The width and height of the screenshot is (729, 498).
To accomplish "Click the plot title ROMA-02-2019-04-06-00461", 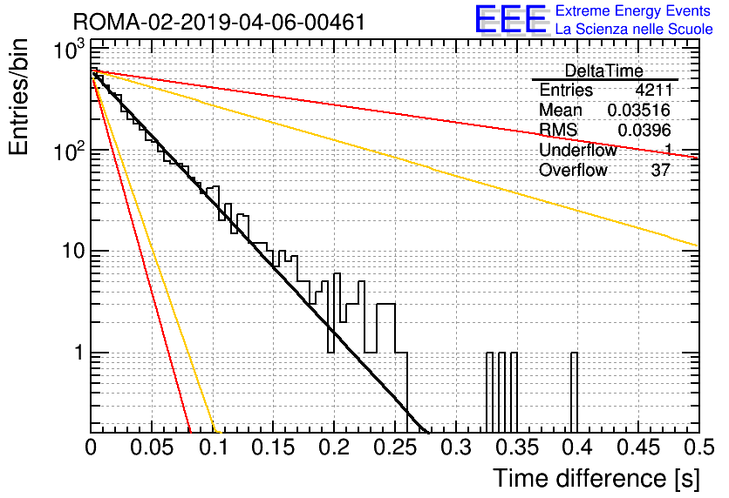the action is coord(219,22).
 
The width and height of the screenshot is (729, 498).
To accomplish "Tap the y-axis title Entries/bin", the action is coord(18,98).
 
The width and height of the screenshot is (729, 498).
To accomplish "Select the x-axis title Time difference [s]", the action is coord(596,479).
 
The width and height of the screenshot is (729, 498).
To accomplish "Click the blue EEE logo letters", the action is coord(511,19).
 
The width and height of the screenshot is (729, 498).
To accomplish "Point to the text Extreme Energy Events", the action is coord(633,10).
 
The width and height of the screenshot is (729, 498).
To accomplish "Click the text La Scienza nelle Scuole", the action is coord(634,29).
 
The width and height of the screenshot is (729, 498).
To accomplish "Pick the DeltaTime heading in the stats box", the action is coord(604,71).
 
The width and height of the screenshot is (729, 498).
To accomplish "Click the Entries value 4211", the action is coord(653,90).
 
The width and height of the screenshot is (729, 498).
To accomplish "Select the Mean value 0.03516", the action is coord(639,110).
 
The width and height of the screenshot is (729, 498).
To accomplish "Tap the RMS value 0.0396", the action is coord(644,131).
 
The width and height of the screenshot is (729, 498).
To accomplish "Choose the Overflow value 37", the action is coord(661,171).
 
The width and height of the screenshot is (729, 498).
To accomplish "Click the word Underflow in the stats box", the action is coord(578,150).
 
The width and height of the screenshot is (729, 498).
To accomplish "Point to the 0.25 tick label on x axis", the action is coord(395,448).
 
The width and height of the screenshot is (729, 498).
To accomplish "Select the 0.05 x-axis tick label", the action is coord(152,448).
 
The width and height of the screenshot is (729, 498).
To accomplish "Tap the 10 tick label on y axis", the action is coord(73,251).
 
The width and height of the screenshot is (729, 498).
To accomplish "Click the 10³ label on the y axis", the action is coord(69,50).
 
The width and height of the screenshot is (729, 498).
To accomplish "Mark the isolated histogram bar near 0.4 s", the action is coord(574,392).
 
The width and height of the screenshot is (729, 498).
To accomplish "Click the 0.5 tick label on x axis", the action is coord(698,448).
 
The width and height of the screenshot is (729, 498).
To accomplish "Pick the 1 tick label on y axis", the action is coord(79,353).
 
